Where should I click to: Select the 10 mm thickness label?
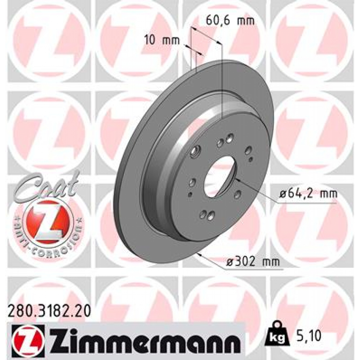(162, 40)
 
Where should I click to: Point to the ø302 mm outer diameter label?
(252, 262)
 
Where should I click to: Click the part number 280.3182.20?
(49, 311)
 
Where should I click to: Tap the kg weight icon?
(276, 335)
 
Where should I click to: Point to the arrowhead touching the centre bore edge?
(237, 180)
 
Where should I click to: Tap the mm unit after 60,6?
(246, 21)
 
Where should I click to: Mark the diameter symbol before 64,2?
(282, 193)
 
